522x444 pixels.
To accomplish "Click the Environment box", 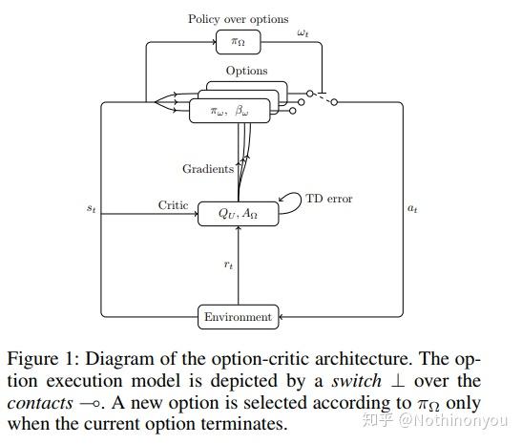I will click(238, 317).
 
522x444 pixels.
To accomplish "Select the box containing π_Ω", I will click(238, 41).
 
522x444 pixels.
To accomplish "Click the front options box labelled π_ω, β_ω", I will click(228, 111).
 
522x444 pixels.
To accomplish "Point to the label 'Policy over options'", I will click(238, 18).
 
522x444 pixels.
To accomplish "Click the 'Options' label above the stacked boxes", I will click(246, 71).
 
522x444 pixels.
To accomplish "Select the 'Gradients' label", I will click(207, 169).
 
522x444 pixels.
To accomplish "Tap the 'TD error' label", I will click(328, 199).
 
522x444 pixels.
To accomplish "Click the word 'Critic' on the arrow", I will click(174, 205).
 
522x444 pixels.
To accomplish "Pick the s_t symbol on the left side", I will click(91, 207).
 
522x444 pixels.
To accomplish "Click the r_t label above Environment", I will click(228, 264).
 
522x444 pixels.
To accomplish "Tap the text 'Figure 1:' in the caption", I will click(41, 359).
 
